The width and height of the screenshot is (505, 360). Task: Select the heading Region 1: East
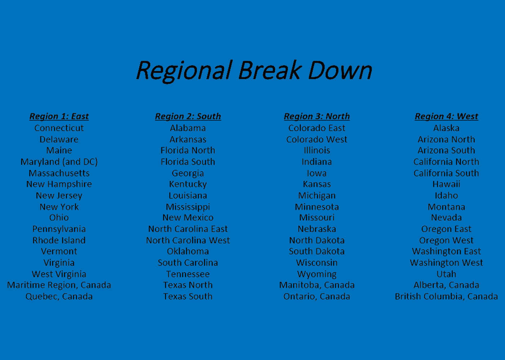coord(59,117)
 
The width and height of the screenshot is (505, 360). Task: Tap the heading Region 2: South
coord(188,117)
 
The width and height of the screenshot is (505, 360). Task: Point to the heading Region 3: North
coord(317,117)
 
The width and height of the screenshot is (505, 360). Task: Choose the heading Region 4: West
coord(446,117)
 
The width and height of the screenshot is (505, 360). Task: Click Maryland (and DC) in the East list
coord(59,162)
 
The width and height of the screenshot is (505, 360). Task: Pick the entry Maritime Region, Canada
coord(59,285)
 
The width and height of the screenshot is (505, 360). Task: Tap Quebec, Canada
coord(59,297)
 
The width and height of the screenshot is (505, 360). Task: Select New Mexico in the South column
coord(188,217)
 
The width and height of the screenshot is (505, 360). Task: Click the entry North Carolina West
coord(188,240)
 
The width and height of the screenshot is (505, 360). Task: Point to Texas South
coord(188,296)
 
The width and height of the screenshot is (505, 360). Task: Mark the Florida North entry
coord(188,150)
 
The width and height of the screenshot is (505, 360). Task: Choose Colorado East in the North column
coord(317,128)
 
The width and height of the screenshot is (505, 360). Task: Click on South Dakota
coord(317,251)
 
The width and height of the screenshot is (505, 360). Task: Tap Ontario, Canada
coord(317,297)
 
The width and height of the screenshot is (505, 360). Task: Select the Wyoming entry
coord(317,274)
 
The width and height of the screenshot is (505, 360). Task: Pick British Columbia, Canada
coord(446,297)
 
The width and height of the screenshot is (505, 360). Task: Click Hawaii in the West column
coord(446,184)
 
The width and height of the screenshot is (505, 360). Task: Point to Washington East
coord(446,251)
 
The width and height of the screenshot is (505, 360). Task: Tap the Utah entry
coord(446,274)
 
